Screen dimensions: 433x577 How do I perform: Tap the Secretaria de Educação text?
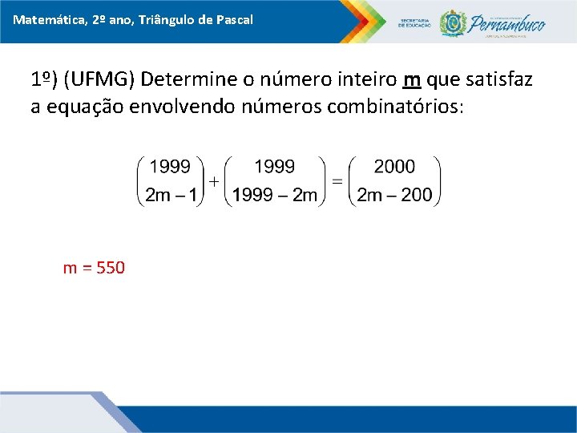(414, 23)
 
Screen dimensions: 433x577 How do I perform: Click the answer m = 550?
(94, 268)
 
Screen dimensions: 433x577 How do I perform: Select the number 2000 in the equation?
(394, 167)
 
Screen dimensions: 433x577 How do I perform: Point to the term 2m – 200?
(394, 195)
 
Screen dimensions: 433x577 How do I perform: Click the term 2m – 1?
(171, 195)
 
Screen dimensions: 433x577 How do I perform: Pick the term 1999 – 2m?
(275, 195)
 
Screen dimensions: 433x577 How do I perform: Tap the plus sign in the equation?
(214, 182)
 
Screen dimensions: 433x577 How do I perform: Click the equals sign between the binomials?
(337, 182)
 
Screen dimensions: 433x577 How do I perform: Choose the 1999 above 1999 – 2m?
(275, 167)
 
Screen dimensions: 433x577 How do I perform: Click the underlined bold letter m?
(413, 80)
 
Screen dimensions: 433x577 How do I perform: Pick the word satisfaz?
(500, 80)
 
